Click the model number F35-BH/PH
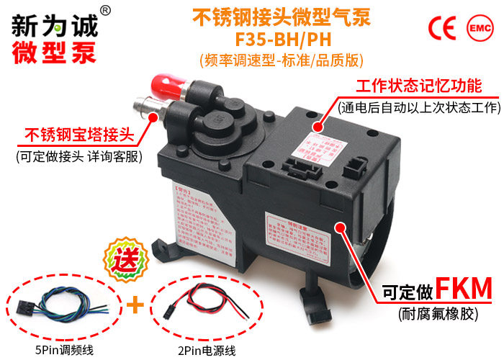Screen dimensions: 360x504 coord(283,37)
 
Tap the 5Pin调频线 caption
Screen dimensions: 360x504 coord(66,351)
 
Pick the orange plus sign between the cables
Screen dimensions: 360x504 coord(132,306)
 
